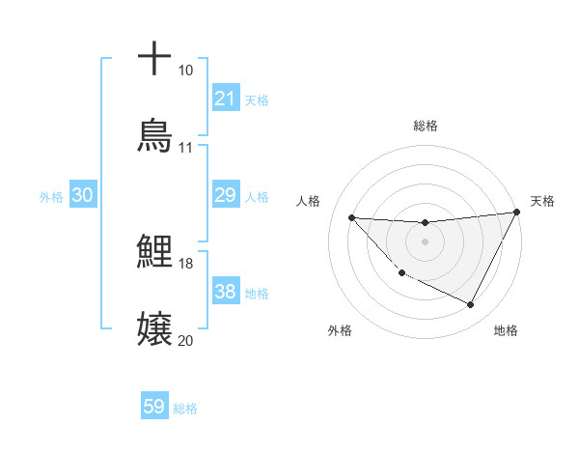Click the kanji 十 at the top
pos(154,59)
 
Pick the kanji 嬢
pos(154,329)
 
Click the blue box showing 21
pos(225,99)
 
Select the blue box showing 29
pos(225,196)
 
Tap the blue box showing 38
pos(225,293)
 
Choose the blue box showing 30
pos(83,196)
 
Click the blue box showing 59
pos(154,407)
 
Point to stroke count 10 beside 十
pos(185,71)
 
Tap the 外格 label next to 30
pos(51,197)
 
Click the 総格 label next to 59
pos(185,409)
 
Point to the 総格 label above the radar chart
pos(425,127)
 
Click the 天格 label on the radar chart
pos(542,201)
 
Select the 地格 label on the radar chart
pos(506,330)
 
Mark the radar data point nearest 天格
pos(516,213)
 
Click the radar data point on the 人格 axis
pos(351,217)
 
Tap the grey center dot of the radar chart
pos(425,241)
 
